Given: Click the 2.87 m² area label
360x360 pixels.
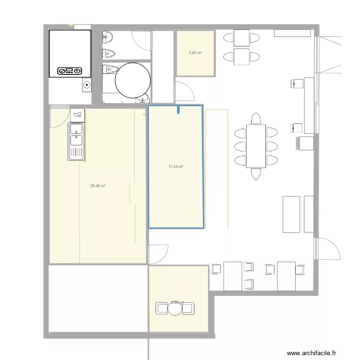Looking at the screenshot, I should coord(195,53).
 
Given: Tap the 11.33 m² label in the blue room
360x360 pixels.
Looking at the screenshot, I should coord(176,167).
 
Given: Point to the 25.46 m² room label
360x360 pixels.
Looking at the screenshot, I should coord(98,186).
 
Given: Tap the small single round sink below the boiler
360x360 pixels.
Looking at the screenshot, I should coord(86,86).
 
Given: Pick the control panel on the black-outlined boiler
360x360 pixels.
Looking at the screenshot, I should coord(70,71).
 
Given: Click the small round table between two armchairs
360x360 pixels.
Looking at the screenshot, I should coord(175,309).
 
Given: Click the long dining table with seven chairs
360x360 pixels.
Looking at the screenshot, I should coord(256,145).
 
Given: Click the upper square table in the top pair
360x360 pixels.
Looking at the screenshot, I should coord(241,37).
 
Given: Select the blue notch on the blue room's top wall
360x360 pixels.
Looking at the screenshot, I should coord(179,109).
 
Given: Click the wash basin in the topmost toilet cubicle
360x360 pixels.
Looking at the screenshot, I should coord(108,36).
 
